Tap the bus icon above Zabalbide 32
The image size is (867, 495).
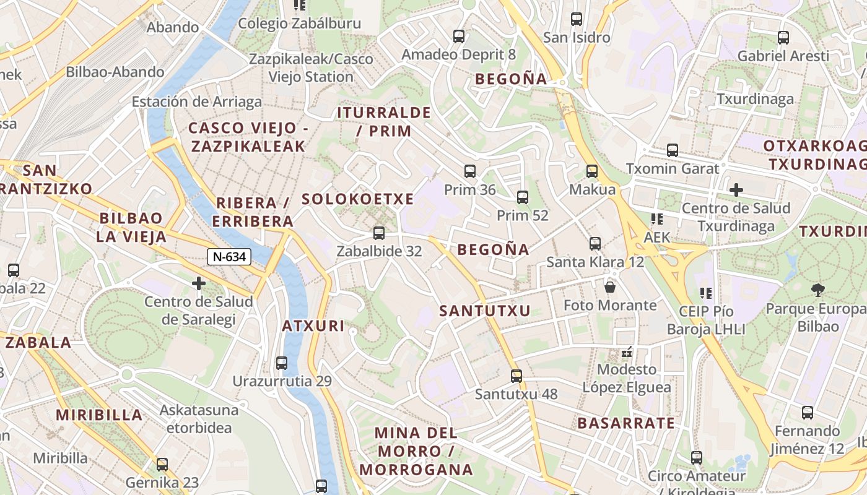click(x=379, y=233)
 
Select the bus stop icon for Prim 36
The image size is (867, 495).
click(x=470, y=171)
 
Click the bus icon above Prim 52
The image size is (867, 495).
click(x=523, y=197)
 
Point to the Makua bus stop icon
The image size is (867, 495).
click(x=592, y=171)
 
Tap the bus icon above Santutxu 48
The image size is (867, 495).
click(x=516, y=376)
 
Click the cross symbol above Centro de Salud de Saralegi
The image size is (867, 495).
click(x=199, y=284)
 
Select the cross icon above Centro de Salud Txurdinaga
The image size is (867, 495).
click(x=736, y=190)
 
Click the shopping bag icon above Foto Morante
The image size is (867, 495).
click(x=610, y=287)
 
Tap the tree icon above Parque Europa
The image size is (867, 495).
click(x=818, y=290)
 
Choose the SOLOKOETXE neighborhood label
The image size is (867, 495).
click(x=357, y=199)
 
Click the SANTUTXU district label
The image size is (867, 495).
click(x=485, y=311)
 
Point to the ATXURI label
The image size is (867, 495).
click(x=313, y=326)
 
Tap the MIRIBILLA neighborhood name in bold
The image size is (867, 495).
click(x=99, y=415)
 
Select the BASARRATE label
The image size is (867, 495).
click(x=626, y=423)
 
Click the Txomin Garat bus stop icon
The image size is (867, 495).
click(x=673, y=150)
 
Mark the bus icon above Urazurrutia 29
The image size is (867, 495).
click(x=282, y=363)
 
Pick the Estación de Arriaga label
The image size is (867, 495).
click(x=196, y=102)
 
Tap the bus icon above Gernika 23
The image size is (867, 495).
click(x=162, y=464)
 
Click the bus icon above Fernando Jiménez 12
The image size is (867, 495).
click(x=808, y=413)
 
